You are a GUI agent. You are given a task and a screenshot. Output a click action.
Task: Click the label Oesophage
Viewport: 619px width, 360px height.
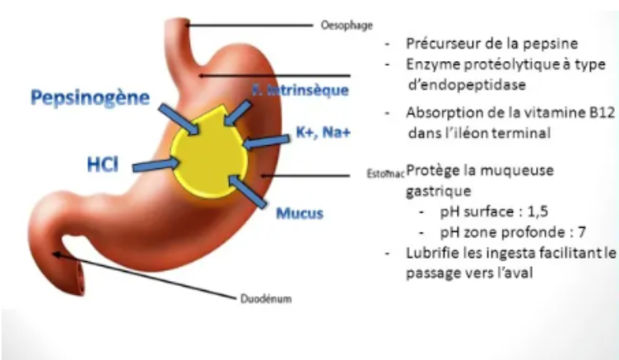click(338, 26)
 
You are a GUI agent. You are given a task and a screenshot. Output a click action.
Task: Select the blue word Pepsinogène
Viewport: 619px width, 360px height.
click(91, 99)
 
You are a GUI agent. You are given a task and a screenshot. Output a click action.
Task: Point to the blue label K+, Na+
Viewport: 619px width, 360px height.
click(323, 132)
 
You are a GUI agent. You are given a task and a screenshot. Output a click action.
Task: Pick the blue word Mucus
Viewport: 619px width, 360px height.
click(299, 213)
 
